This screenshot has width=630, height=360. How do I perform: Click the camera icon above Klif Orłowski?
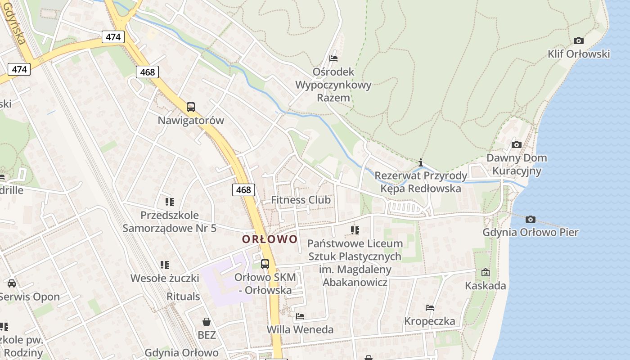tap(579, 41)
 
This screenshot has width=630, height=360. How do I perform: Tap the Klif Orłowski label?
tap(579, 54)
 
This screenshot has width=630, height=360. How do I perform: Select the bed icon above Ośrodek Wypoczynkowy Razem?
tap(333, 58)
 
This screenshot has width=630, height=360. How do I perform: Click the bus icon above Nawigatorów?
tap(191, 107)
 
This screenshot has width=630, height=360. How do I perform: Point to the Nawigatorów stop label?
tap(191, 121)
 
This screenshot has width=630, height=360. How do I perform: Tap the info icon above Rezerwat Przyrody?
tap(421, 162)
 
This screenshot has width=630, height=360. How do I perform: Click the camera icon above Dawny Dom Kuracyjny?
tap(517, 145)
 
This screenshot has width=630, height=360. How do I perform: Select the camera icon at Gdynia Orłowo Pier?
tap(531, 220)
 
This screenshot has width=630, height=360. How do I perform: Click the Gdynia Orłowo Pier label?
tap(531, 233)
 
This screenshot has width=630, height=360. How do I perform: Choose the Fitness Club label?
tap(301, 200)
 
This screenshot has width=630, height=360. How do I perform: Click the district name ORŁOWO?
tap(270, 239)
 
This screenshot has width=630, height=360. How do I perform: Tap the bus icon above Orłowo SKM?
tap(265, 264)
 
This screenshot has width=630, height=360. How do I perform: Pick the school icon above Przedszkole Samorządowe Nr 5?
tap(170, 202)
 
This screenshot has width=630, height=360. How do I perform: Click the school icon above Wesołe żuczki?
tap(165, 265)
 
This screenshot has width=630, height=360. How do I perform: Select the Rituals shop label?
tap(183, 297)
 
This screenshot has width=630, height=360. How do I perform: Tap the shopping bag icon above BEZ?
tap(207, 322)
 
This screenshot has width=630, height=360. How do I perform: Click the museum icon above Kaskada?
tap(485, 272)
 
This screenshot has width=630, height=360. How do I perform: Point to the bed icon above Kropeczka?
tap(430, 308)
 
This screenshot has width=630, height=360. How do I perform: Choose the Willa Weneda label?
tap(300, 329)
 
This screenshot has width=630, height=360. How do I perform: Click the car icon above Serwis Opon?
tap(12, 283)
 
